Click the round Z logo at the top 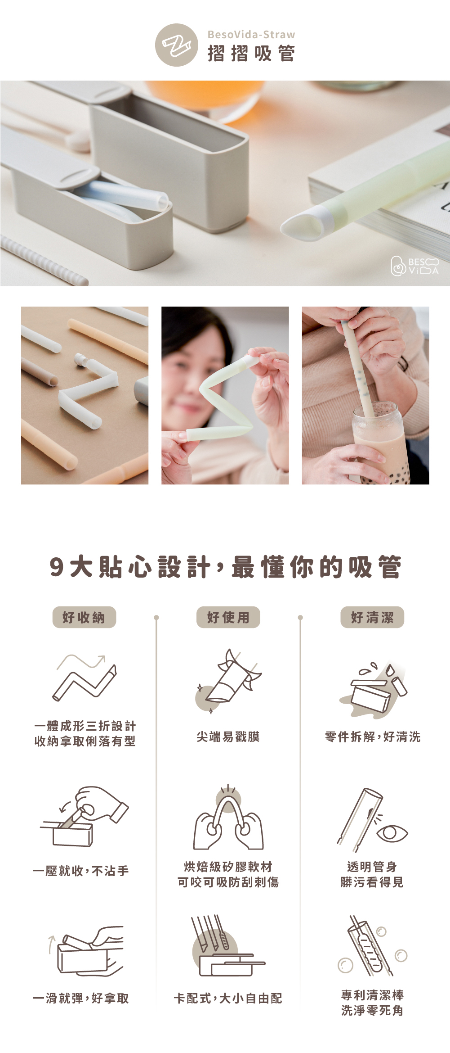[x=177, y=45]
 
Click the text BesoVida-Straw [x=251, y=35]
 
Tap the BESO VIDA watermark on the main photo [x=414, y=266]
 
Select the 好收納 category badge [x=84, y=617]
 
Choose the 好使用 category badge [x=228, y=617]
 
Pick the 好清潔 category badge [x=372, y=617]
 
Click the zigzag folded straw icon [x=85, y=678]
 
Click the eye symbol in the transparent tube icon [x=392, y=833]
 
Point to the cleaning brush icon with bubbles [x=372, y=945]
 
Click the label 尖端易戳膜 [x=228, y=737]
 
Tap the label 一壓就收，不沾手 [x=81, y=871]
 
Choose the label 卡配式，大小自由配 [x=228, y=998]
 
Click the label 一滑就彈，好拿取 [x=81, y=998]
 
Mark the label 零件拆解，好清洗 [x=373, y=737]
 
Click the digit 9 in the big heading [x=57, y=567]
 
